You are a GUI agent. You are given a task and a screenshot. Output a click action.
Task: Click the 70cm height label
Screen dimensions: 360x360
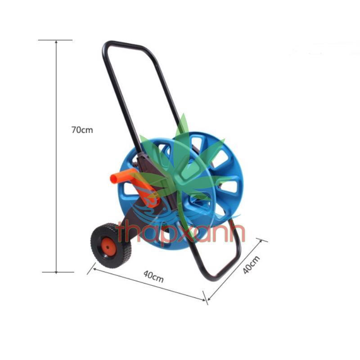pyautogui.click(x=82, y=130)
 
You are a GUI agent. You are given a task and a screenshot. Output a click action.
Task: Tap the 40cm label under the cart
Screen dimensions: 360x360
pyautogui.click(x=153, y=276)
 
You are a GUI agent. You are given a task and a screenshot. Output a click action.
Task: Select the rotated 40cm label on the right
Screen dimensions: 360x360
pyautogui.click(x=251, y=265)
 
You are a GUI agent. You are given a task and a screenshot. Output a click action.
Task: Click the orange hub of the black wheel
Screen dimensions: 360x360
pyautogui.click(x=108, y=247)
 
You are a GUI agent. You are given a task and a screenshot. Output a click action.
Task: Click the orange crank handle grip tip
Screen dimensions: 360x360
pyautogui.click(x=114, y=178)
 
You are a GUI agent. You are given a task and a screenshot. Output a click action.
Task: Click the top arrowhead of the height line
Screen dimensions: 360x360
pyautogui.click(x=56, y=42)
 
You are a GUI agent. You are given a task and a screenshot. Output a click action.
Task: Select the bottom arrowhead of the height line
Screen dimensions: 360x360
pyautogui.click(x=56, y=271)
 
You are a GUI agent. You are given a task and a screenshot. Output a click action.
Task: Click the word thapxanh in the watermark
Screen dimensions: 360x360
pyautogui.click(x=180, y=232)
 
